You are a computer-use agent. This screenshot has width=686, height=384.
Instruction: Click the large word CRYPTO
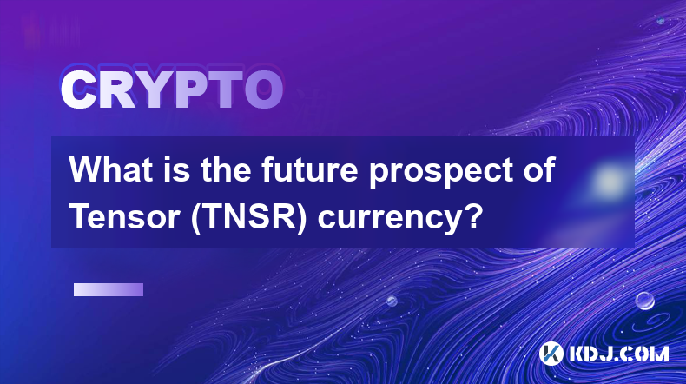tap(172, 90)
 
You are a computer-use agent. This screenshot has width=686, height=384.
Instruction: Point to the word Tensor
tap(125, 216)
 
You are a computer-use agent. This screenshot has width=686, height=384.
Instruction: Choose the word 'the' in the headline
tap(227, 169)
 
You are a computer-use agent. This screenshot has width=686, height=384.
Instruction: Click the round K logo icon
tap(551, 354)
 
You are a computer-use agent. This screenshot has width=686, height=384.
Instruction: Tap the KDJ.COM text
tap(618, 354)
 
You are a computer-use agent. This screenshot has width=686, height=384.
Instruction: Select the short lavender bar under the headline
tap(109, 290)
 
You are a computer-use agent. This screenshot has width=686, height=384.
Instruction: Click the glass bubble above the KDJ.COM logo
tap(644, 301)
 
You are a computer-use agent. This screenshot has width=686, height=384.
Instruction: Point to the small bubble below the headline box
tap(392, 301)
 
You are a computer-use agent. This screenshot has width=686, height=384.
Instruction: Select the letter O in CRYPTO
tap(263, 90)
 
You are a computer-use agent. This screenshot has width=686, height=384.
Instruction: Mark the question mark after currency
tap(474, 216)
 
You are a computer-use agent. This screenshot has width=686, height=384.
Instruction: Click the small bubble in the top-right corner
tap(661, 20)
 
